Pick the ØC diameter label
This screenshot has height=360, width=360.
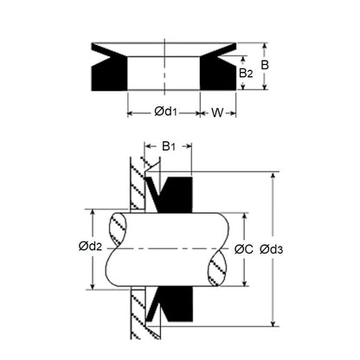243,249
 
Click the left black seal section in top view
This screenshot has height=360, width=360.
103,73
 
